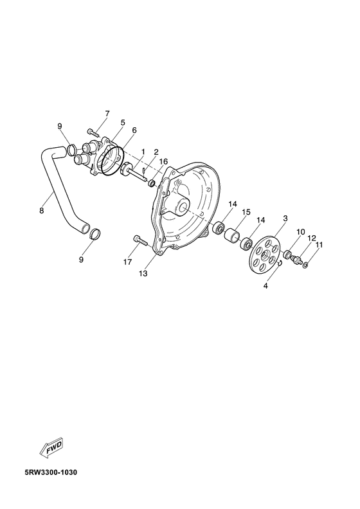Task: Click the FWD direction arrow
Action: click(x=51, y=448)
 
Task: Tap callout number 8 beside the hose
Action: click(x=41, y=211)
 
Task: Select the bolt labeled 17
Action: click(x=140, y=240)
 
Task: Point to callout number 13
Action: click(x=143, y=273)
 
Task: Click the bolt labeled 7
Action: click(x=93, y=132)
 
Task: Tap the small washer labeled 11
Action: click(x=306, y=266)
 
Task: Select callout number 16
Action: click(x=163, y=162)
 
